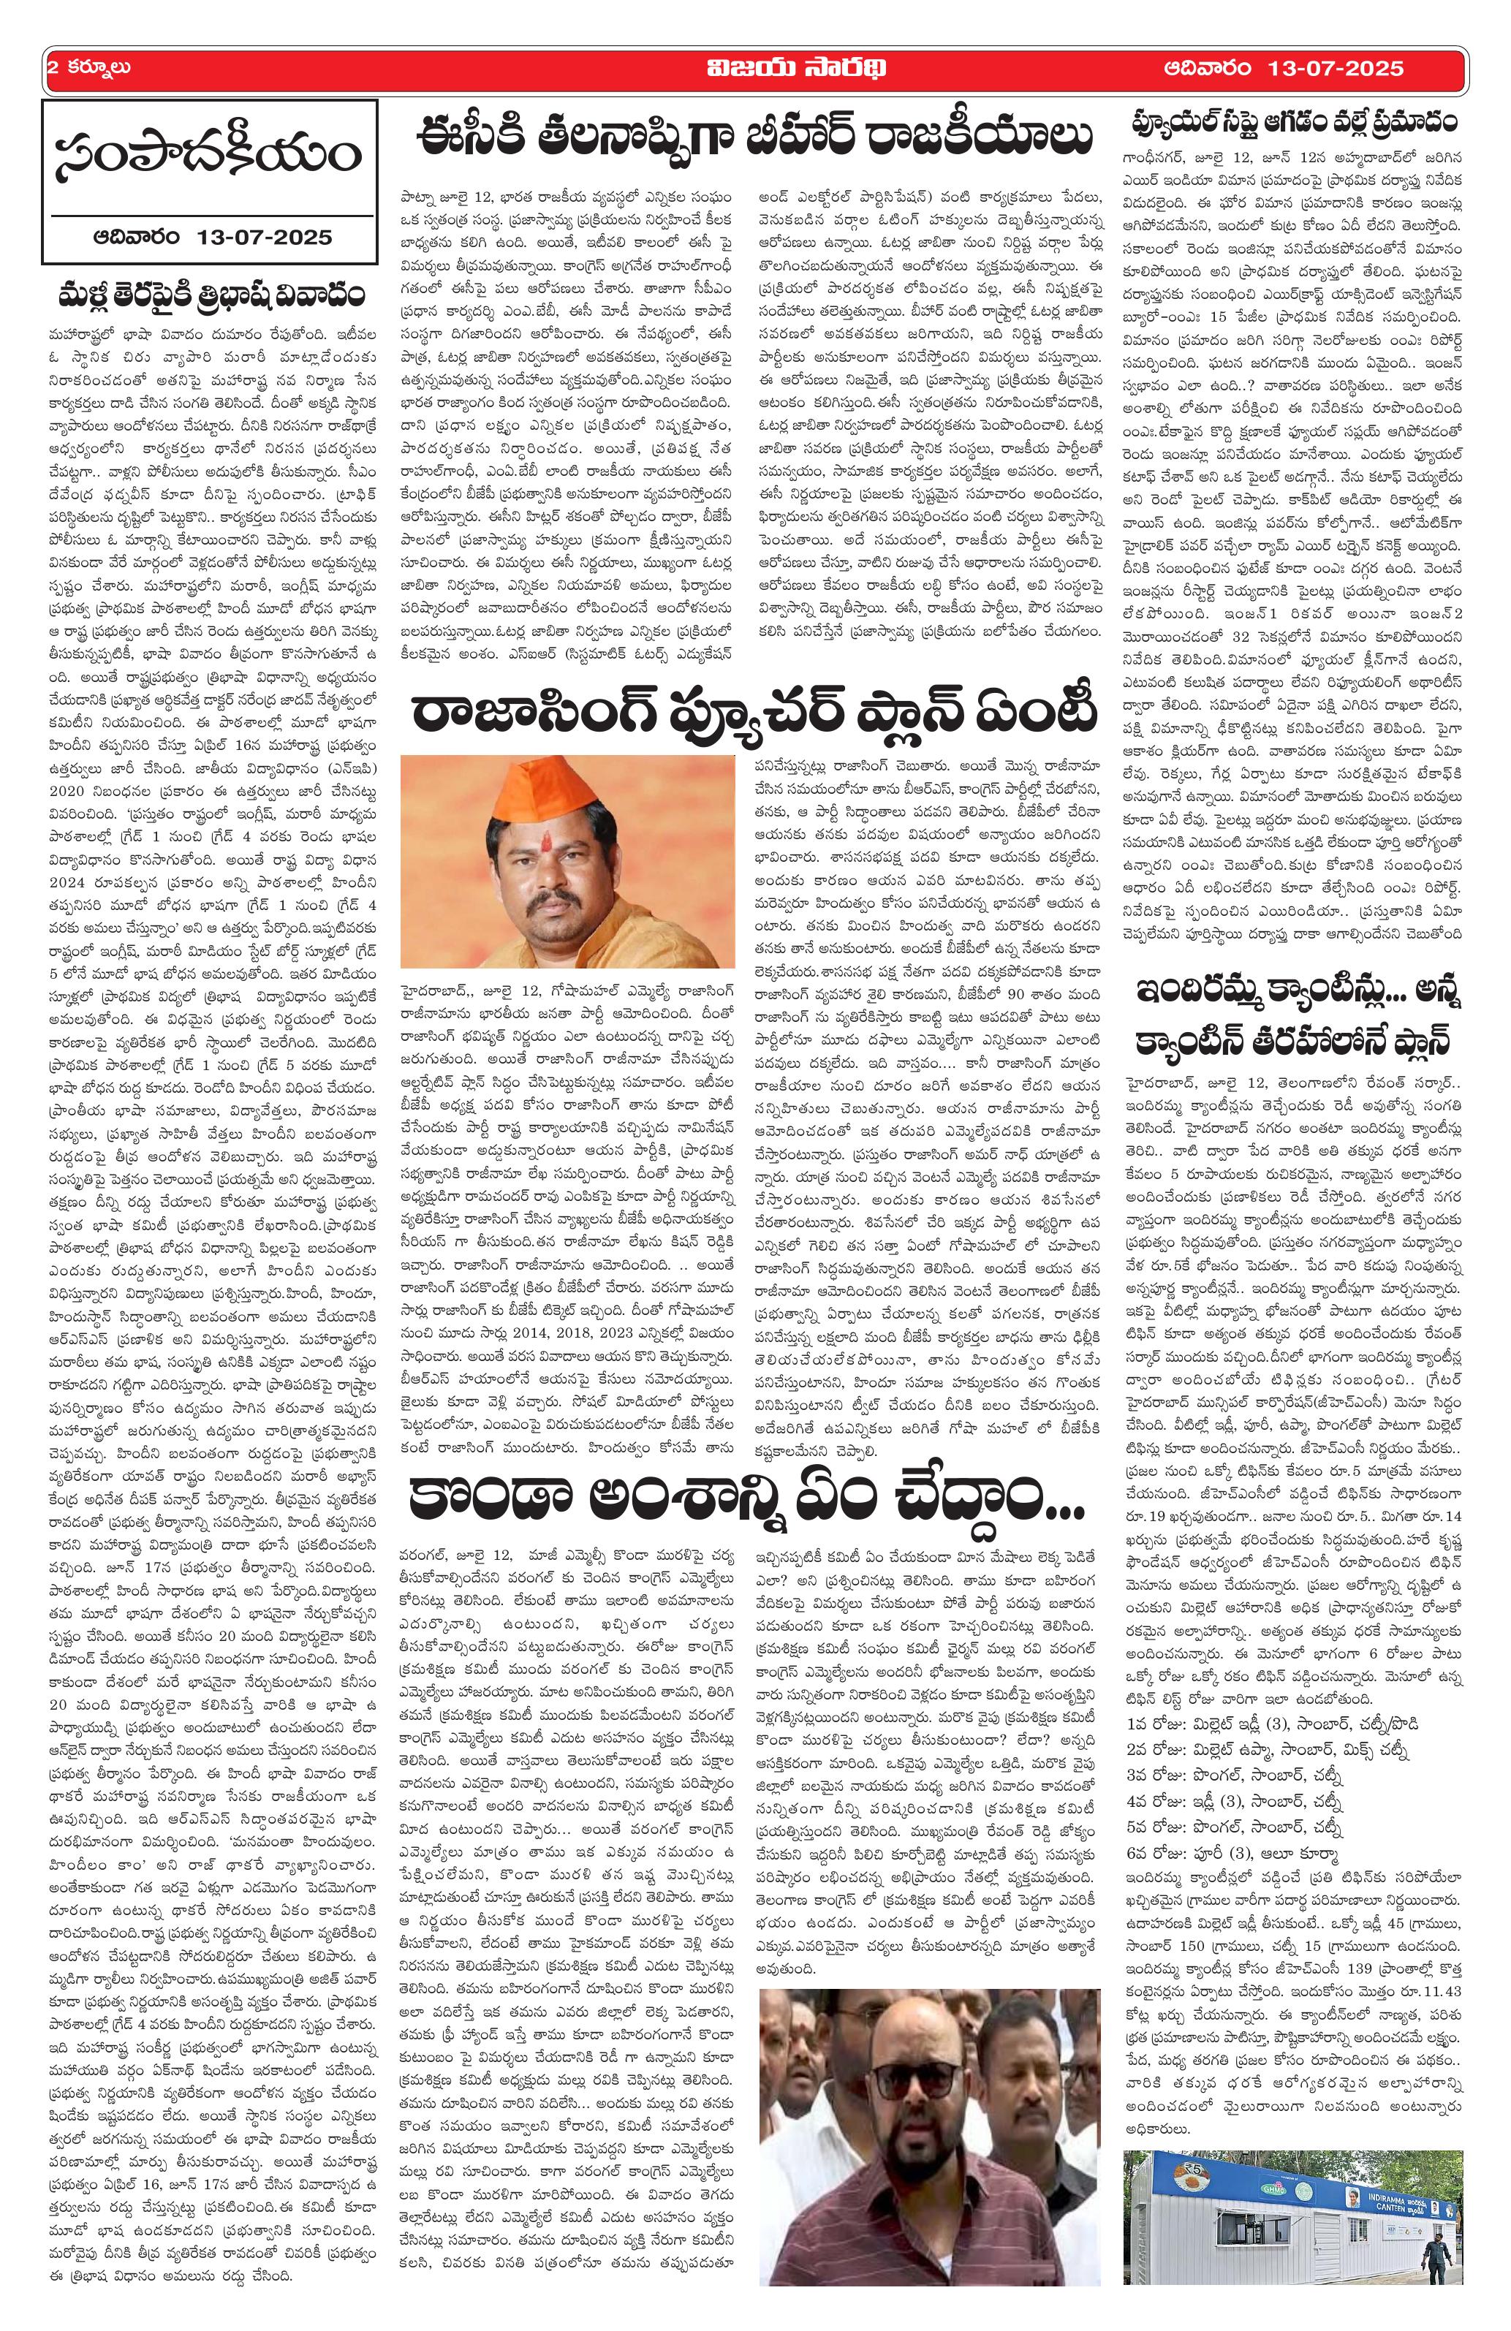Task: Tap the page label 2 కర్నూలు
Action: tap(89, 69)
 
